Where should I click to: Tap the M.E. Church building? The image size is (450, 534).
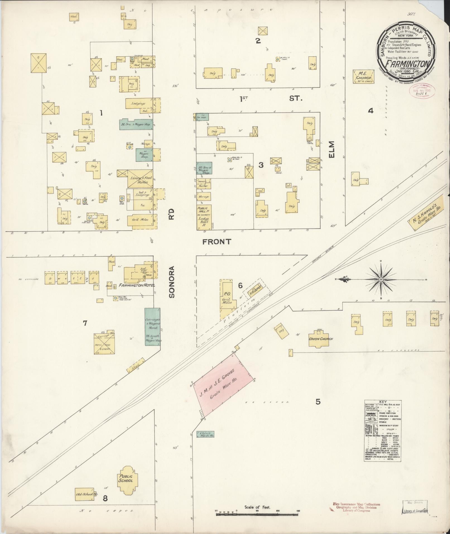coord(363,76)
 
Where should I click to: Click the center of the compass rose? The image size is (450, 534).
coord(381,279)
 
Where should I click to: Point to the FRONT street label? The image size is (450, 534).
coord(217,241)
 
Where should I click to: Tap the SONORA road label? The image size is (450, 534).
coord(172,282)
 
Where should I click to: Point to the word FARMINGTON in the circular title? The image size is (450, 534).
coord(408,63)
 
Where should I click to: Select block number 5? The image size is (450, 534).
coord(318,402)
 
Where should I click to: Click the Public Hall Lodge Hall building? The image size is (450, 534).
coord(204,217)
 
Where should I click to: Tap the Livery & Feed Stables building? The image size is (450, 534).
coord(140,179)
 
